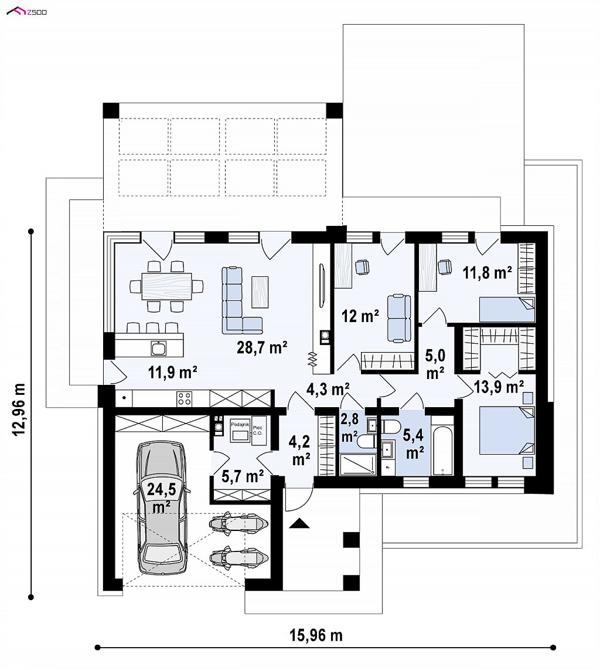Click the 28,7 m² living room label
click(262, 347)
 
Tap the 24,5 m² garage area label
click(162, 498)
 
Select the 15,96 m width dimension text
click(316, 635)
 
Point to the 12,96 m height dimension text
click(20, 409)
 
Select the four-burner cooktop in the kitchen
click(185, 399)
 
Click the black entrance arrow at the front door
click(299, 523)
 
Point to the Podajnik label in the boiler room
click(240, 424)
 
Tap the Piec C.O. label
click(258, 430)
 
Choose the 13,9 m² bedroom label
click(499, 387)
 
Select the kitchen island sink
click(159, 348)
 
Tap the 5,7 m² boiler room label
click(243, 476)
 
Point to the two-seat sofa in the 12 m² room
click(398, 319)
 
